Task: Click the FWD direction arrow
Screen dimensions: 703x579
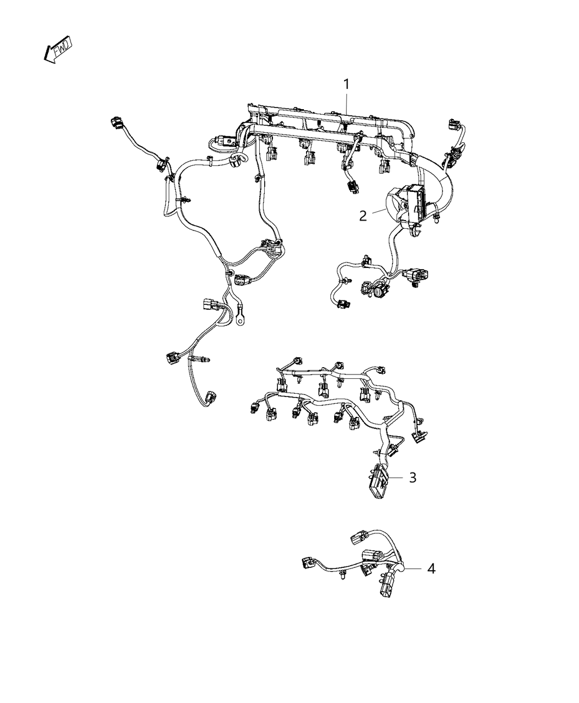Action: coord(57,51)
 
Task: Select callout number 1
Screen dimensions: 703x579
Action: coord(346,85)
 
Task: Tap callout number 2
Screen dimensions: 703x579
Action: coord(363,216)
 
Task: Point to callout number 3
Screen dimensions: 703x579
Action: coord(412,477)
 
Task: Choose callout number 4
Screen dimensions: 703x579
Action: coord(431,568)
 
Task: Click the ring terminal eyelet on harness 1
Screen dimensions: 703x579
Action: coord(240,318)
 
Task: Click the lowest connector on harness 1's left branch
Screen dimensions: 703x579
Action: coord(210,399)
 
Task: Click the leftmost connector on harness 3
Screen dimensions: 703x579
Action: coord(255,407)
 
